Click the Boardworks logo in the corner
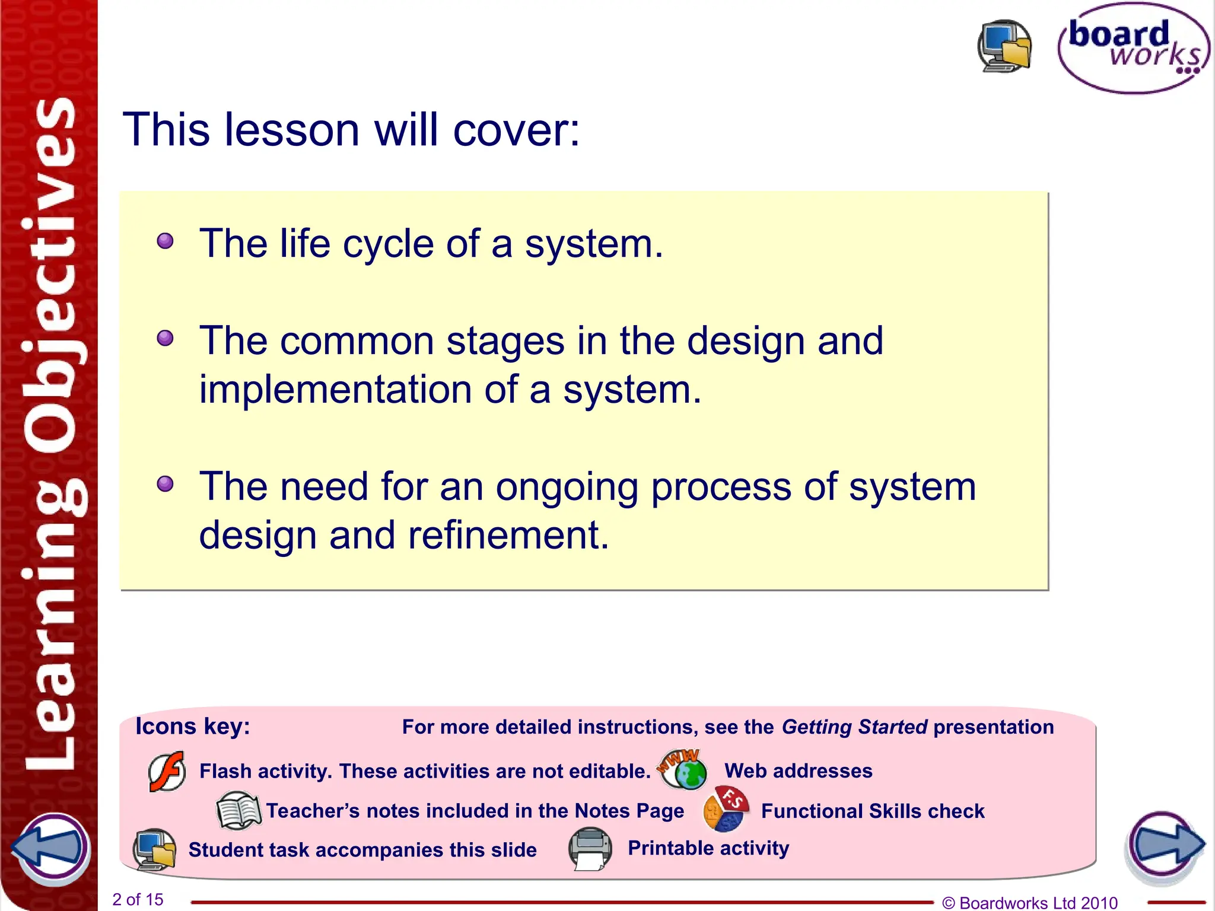[x=1133, y=49]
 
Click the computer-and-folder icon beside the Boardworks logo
[x=1004, y=46]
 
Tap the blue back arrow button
[x=51, y=847]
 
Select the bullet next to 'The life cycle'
[x=165, y=241]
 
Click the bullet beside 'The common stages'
[x=165, y=339]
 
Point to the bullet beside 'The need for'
[x=165, y=484]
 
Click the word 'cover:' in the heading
[x=516, y=130]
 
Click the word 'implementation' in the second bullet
[x=335, y=390]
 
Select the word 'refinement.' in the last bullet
[x=508, y=535]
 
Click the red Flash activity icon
[x=167, y=772]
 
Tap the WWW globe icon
[x=683, y=769]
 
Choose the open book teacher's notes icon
[x=238, y=811]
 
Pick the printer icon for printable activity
[x=590, y=849]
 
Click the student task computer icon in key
[x=154, y=849]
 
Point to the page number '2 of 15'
[x=138, y=900]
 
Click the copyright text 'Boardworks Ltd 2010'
[x=1038, y=903]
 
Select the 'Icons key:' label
[x=193, y=727]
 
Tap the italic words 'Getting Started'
[x=854, y=727]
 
